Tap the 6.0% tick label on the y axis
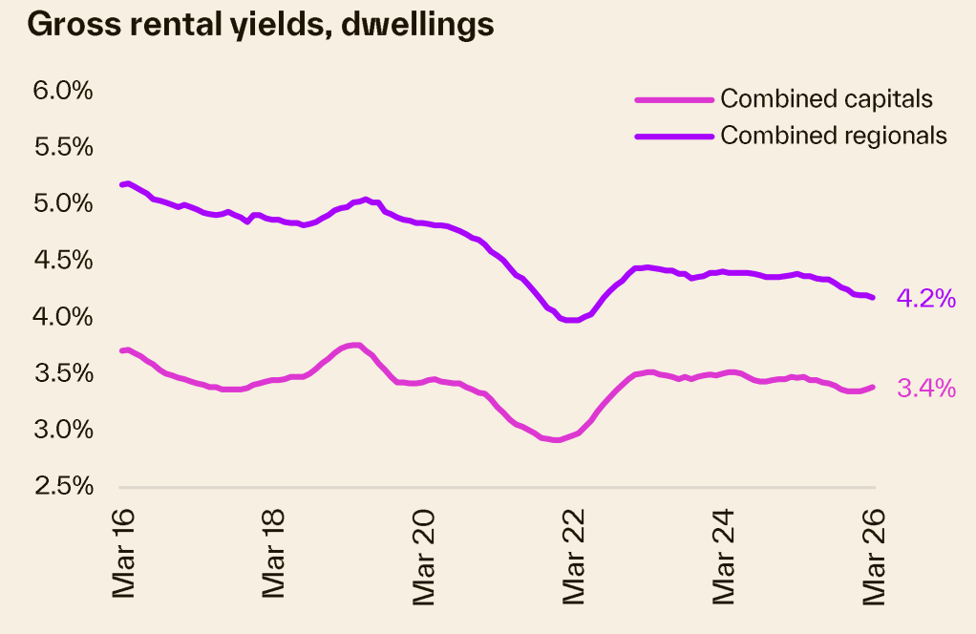(63, 91)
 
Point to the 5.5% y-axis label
(63, 147)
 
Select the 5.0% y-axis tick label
(63, 203)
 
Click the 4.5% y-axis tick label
(63, 260)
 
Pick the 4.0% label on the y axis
(63, 316)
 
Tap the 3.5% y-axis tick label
(63, 372)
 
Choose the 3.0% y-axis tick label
(63, 429)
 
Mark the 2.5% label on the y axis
(63, 485)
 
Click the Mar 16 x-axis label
(124, 554)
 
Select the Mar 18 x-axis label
(274, 554)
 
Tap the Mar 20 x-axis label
(424, 554)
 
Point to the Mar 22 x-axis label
(574, 554)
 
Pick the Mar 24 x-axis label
(724, 554)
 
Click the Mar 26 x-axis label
(874, 554)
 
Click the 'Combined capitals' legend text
(826, 98)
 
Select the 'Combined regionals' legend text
(834, 136)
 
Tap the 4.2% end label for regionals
(925, 299)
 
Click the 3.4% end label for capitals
(925, 388)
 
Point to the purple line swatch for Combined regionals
(674, 136)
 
